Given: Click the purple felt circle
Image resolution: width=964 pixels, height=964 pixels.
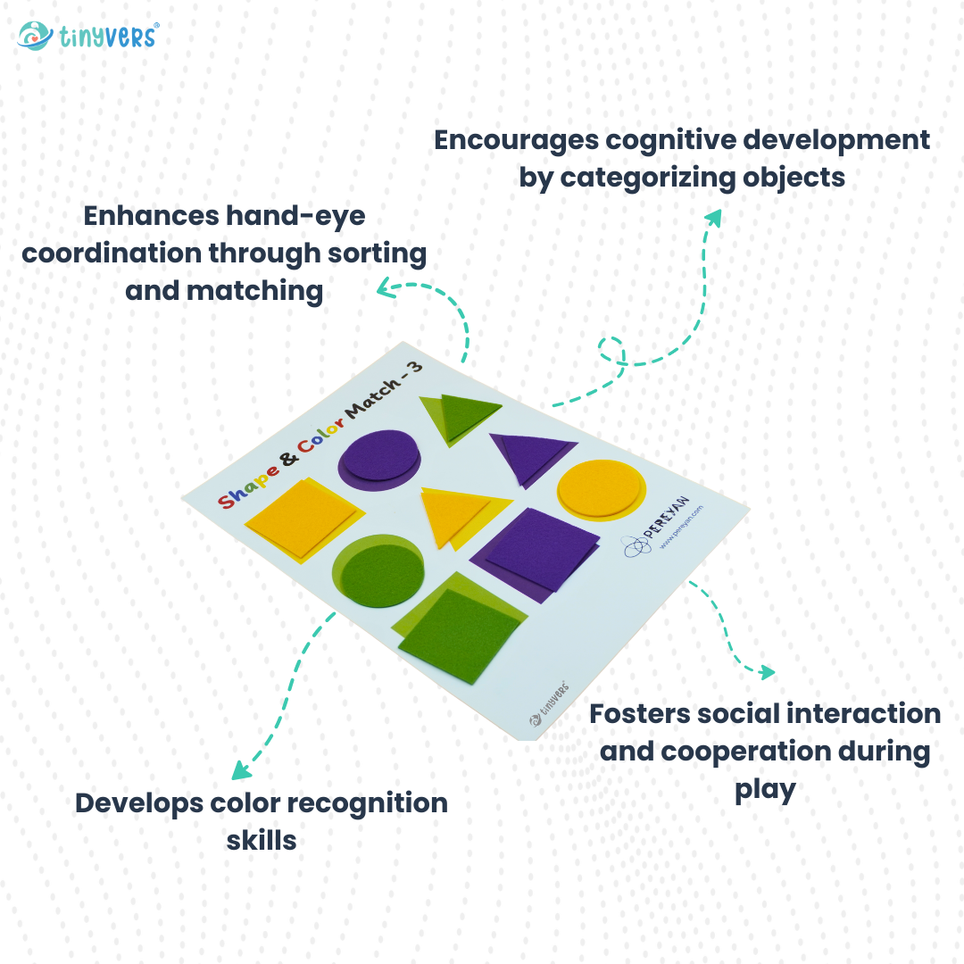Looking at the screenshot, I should pyautogui.click(x=378, y=457).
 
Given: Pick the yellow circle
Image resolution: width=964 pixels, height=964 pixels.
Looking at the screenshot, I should pyautogui.click(x=601, y=488).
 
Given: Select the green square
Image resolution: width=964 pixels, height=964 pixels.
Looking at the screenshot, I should pyautogui.click(x=460, y=634).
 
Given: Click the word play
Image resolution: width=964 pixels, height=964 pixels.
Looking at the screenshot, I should pyautogui.click(x=765, y=789).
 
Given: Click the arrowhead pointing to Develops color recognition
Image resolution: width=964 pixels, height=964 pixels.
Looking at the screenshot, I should pyautogui.click(x=239, y=770).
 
